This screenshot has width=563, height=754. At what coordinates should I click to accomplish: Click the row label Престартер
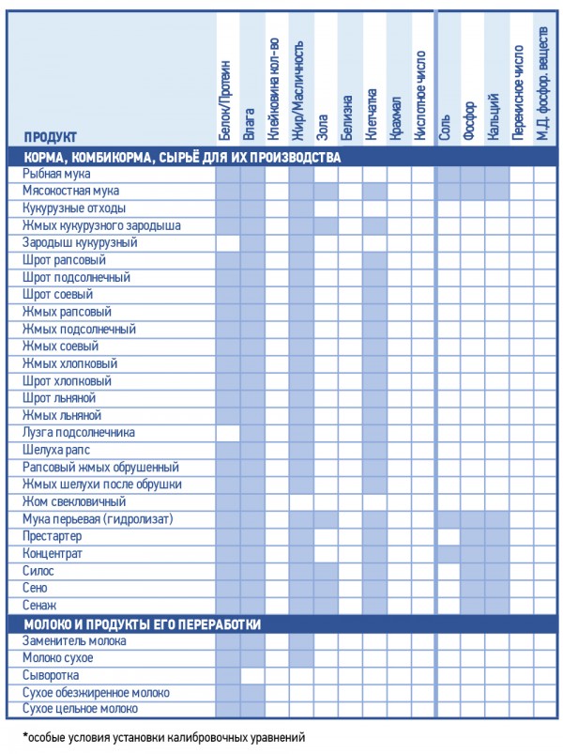[53, 536]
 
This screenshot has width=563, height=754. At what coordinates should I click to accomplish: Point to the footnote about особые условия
[164, 737]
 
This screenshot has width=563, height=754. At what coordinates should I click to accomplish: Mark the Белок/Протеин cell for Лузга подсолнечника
[228, 433]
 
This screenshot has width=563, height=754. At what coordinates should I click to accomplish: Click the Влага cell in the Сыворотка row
[252, 675]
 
